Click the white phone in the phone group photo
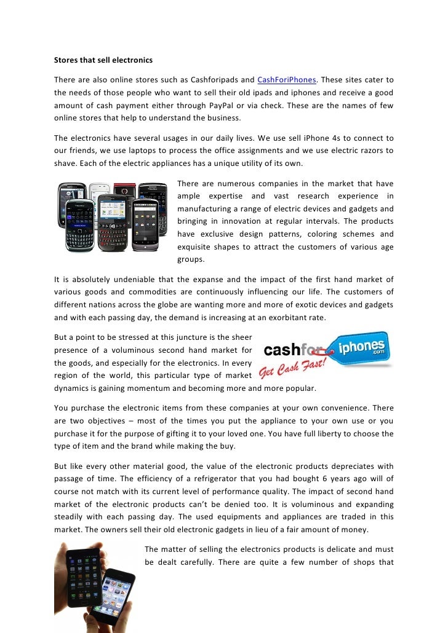click(x=99, y=197)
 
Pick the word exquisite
click(x=200, y=247)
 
